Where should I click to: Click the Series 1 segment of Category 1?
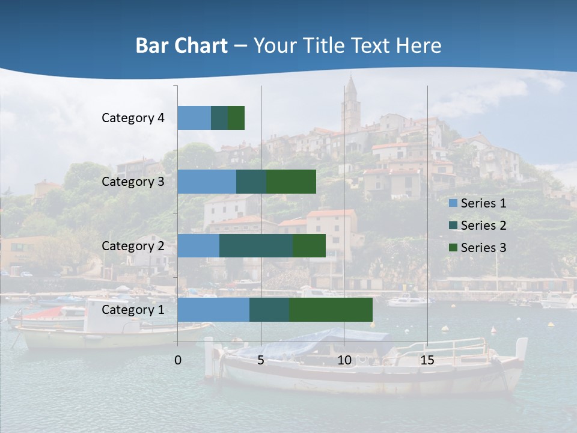click(213, 309)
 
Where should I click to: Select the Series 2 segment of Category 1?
click(269, 309)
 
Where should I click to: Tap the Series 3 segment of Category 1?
click(331, 309)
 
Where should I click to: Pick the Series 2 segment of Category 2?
click(256, 245)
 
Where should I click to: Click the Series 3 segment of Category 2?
click(309, 245)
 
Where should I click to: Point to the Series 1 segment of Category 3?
click(207, 182)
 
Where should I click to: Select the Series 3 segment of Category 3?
click(291, 182)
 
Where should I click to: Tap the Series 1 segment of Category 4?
click(194, 118)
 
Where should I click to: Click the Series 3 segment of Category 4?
click(236, 118)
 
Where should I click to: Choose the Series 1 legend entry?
click(477, 203)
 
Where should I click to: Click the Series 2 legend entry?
click(477, 226)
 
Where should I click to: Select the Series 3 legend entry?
click(477, 248)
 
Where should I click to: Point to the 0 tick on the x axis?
click(178, 360)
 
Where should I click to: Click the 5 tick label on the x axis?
click(261, 360)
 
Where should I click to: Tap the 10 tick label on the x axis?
click(344, 360)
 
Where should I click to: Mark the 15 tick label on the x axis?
click(427, 360)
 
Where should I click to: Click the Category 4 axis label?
click(133, 118)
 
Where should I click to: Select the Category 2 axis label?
click(133, 245)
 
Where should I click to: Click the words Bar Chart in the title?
click(181, 46)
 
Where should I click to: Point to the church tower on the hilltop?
click(350, 102)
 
